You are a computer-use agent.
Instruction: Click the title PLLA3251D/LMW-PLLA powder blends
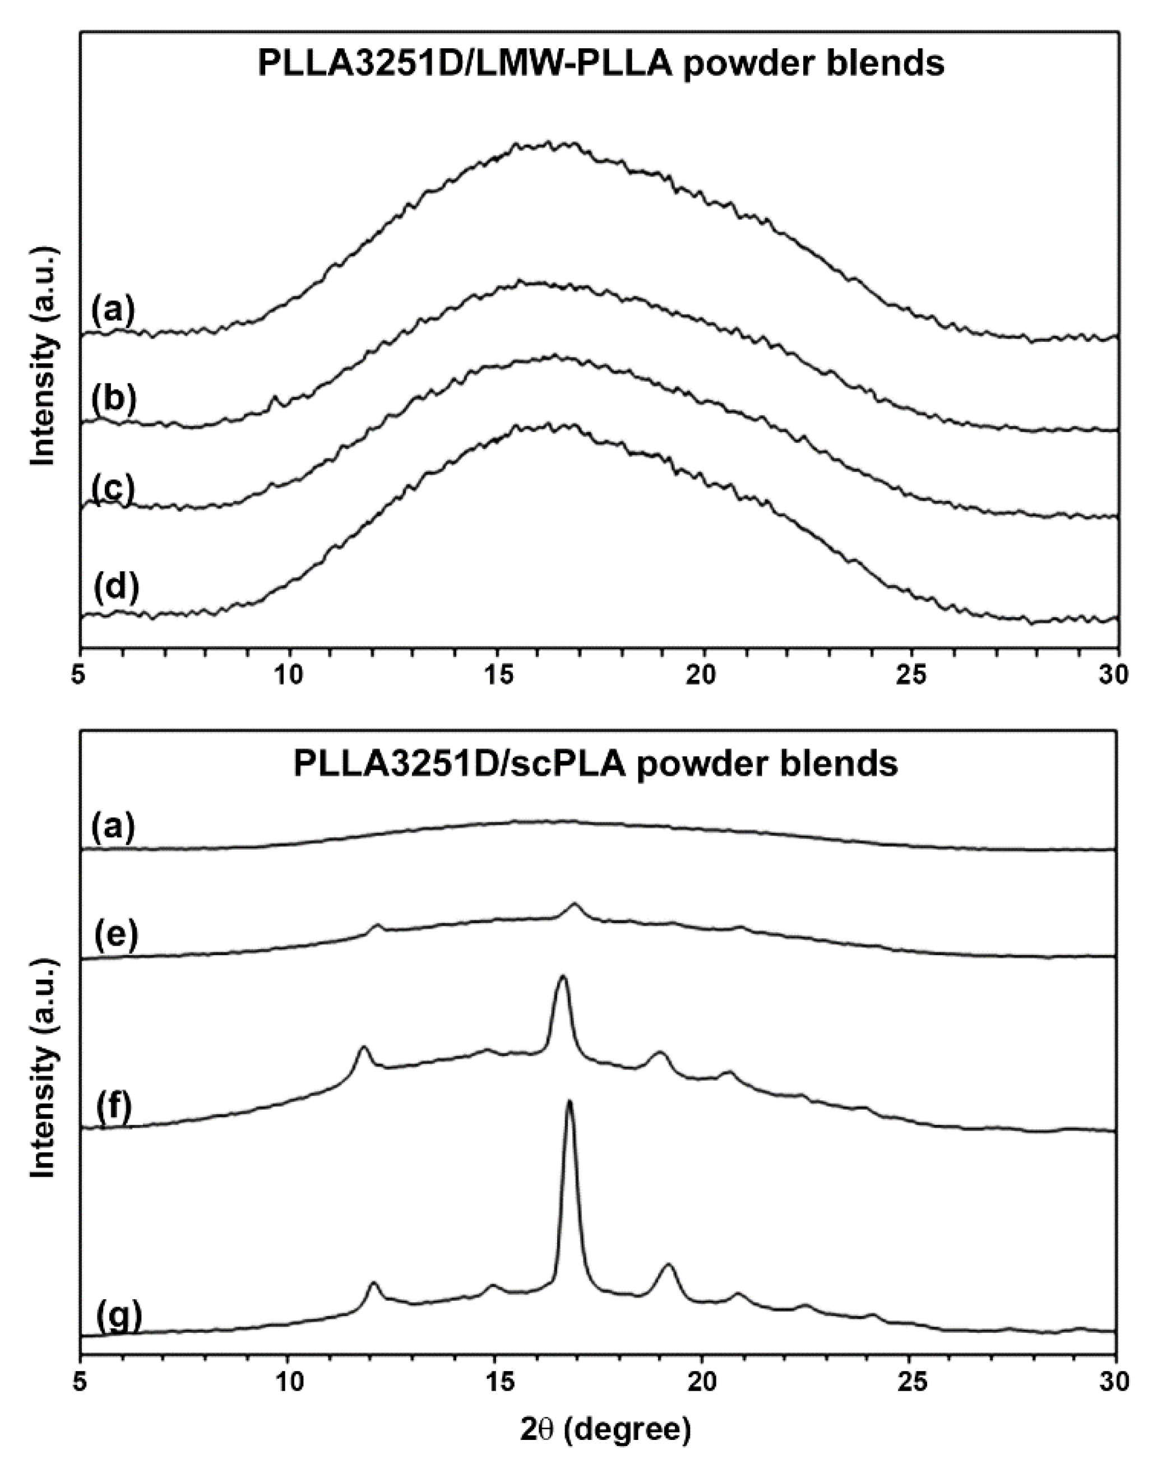601,64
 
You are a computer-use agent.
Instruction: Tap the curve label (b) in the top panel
114,400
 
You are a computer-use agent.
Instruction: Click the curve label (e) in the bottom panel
115,935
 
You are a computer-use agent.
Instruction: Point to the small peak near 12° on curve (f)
363,1049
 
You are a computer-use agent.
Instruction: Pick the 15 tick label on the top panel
497,674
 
